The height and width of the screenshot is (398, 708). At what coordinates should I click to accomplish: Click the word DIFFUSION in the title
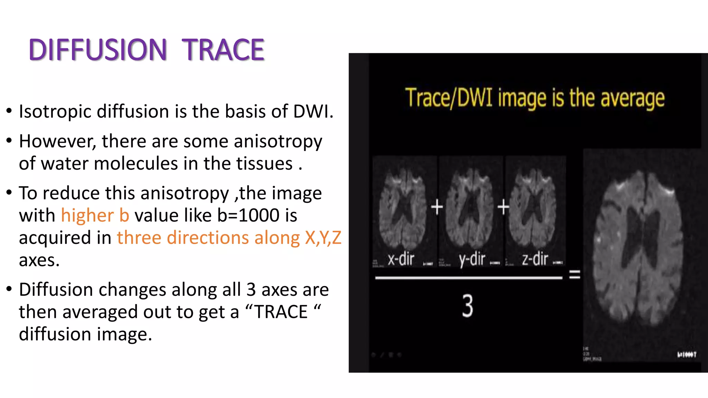click(x=98, y=50)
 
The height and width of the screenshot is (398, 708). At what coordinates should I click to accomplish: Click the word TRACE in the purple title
click(x=223, y=50)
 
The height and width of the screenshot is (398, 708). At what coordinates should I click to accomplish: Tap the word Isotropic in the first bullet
click(x=55, y=112)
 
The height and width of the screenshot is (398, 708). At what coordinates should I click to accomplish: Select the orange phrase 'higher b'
click(x=95, y=216)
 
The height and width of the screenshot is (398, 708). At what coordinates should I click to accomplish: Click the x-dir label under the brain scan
click(x=401, y=259)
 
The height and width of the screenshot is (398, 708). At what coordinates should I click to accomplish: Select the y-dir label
click(x=472, y=259)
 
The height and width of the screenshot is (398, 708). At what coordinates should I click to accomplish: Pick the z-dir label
click(x=535, y=259)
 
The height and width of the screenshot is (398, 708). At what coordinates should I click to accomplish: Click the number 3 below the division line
click(x=467, y=306)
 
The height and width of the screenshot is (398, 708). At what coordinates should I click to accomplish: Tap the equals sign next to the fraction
click(x=575, y=275)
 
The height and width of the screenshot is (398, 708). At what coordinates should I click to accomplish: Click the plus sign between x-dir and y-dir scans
click(x=437, y=207)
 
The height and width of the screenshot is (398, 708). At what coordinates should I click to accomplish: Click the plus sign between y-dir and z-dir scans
click(x=503, y=207)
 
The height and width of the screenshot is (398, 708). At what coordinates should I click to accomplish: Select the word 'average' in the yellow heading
click(x=632, y=98)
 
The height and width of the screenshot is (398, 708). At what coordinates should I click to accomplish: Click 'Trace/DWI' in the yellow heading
click(x=448, y=98)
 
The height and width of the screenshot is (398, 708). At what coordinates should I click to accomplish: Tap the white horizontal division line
click(x=468, y=277)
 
